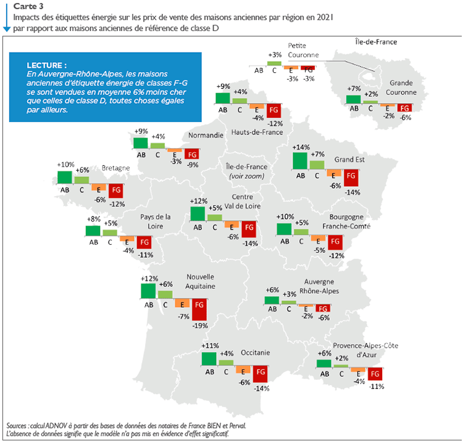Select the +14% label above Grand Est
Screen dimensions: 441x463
(x=301, y=147)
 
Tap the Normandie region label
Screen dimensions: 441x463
(x=206, y=135)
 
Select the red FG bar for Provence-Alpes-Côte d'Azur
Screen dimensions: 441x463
(x=373, y=374)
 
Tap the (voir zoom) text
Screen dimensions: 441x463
(x=246, y=176)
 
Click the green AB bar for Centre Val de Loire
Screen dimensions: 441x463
(x=198, y=213)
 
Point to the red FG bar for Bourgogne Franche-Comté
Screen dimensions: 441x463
(x=335, y=242)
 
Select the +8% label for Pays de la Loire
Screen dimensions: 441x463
(x=94, y=218)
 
